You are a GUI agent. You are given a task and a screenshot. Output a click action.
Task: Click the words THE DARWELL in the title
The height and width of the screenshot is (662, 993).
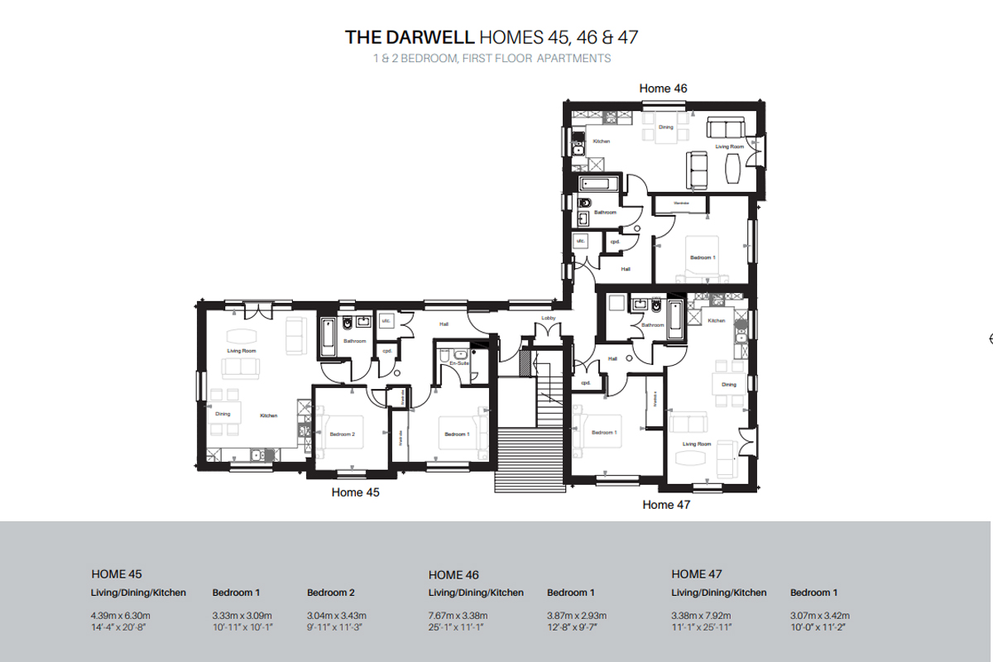coord(410,37)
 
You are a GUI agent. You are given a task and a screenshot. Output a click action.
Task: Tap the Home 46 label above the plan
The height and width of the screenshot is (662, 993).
coord(663,88)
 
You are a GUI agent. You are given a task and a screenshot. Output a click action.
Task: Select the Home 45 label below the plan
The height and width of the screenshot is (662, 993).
coord(355,492)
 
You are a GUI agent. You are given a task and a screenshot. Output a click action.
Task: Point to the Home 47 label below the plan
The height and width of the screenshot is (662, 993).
coord(666,504)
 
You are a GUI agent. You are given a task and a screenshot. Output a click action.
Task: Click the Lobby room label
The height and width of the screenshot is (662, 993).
coord(548,318)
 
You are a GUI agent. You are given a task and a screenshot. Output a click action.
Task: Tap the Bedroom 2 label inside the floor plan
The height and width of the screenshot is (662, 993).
coord(342,434)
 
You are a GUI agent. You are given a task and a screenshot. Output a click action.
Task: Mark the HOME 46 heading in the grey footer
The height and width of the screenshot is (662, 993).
coord(453,574)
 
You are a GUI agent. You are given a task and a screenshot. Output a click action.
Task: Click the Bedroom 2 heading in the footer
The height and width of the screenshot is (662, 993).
coord(331,592)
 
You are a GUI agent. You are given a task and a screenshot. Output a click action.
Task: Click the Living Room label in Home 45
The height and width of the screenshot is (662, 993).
coord(242,351)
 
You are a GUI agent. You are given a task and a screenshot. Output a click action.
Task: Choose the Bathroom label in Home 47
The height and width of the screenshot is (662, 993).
coord(652,325)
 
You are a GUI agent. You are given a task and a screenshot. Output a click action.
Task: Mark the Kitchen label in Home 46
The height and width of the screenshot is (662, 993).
coord(602,142)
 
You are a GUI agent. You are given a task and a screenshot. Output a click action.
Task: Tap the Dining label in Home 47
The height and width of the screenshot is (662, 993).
coord(728,385)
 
